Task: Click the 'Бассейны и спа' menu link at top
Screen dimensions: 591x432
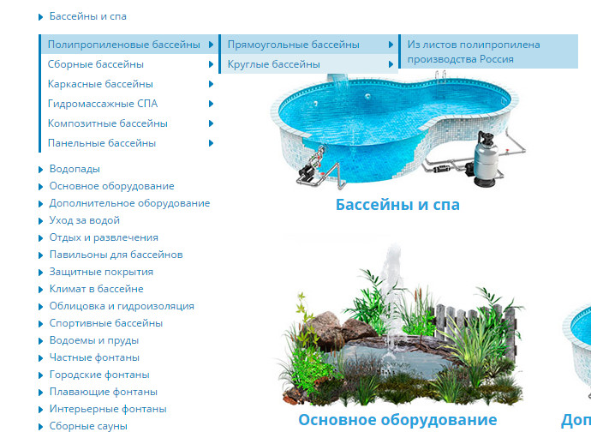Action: [88, 16]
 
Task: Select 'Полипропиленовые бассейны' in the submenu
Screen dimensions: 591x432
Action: [123, 45]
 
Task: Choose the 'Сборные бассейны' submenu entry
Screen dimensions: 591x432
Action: [96, 64]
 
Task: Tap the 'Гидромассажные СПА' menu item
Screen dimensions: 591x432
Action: [103, 104]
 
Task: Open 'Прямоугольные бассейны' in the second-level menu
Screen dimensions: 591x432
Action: [293, 45]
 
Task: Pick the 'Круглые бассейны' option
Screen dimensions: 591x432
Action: [273, 64]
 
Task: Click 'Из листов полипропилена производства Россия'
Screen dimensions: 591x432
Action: [474, 51]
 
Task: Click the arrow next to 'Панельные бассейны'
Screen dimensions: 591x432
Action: [211, 143]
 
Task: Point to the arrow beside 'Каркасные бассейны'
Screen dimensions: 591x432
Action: [211, 84]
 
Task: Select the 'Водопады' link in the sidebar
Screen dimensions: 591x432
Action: [75, 169]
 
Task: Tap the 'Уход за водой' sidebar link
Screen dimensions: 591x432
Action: [85, 220]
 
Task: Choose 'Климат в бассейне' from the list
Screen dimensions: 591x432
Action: [96, 289]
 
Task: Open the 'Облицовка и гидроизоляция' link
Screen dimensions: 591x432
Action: [122, 306]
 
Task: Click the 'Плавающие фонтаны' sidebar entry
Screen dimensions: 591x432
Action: [104, 392]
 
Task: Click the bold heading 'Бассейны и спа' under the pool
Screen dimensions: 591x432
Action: [397, 205]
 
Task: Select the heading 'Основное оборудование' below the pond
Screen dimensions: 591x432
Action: [397, 420]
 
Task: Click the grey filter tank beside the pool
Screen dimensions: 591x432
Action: [486, 159]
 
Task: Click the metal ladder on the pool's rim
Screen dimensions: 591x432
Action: [440, 77]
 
